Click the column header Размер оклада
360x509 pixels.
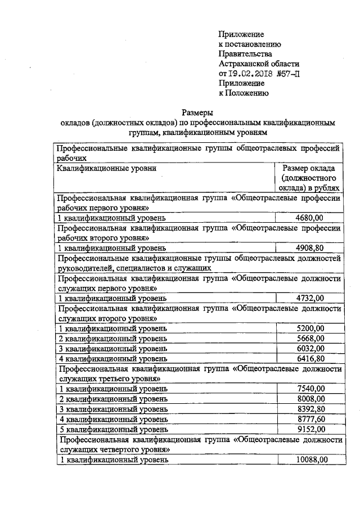tap(309, 168)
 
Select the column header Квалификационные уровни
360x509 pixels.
tap(106, 168)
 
